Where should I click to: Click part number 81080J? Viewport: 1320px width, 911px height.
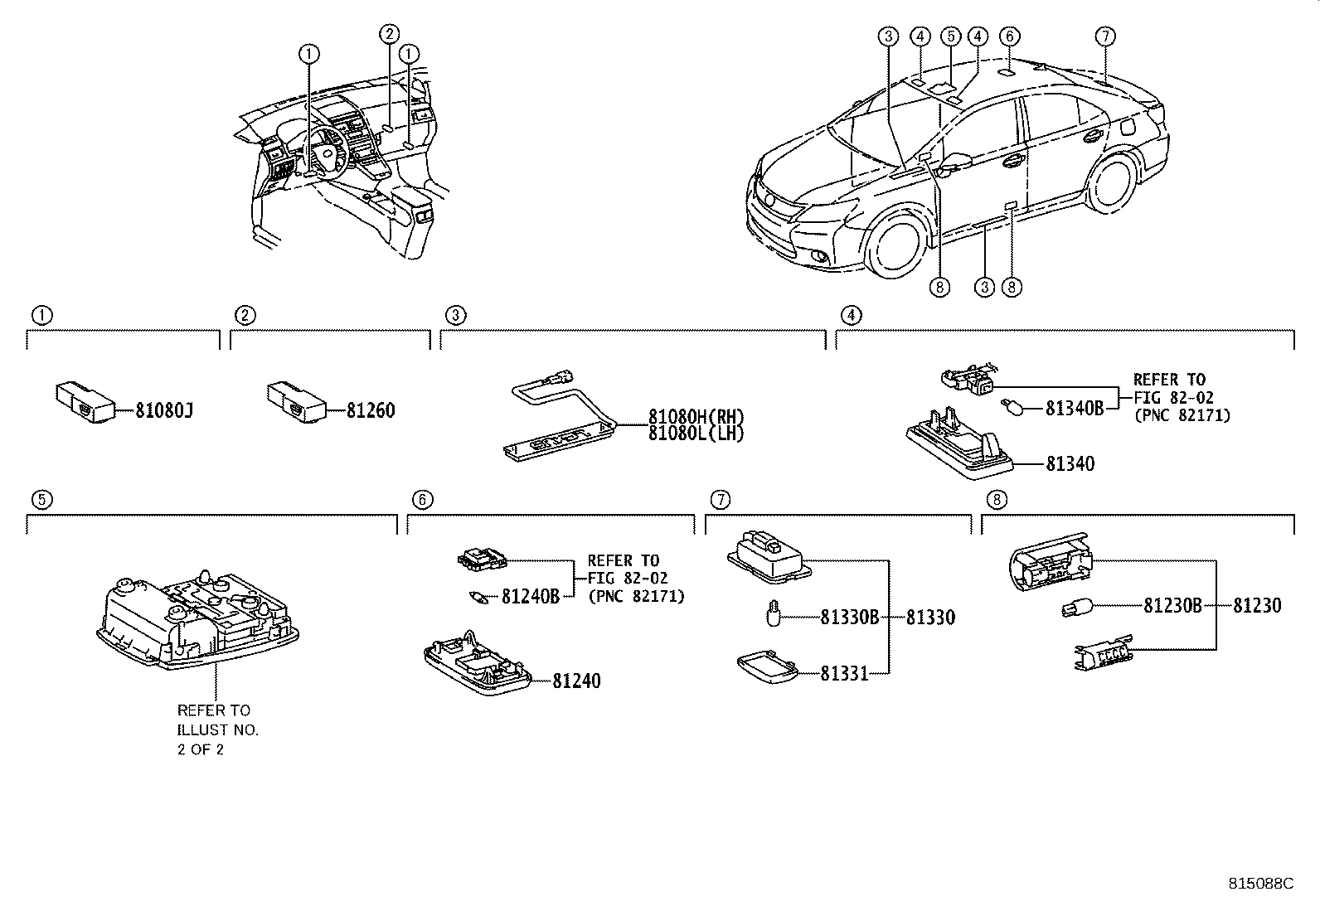(164, 410)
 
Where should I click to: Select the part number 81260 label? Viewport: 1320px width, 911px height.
(371, 410)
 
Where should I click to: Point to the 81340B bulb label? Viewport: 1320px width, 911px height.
(1075, 408)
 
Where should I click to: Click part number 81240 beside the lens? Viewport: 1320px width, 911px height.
(576, 681)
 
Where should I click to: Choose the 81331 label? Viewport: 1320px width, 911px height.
(844, 674)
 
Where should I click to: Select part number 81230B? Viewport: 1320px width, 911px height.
(1172, 606)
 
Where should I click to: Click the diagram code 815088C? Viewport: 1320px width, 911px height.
(1260, 884)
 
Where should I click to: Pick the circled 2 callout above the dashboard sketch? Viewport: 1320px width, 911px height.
(389, 33)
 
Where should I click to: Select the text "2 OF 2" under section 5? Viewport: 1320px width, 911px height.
(200, 749)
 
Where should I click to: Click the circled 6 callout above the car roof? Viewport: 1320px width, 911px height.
(1008, 36)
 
